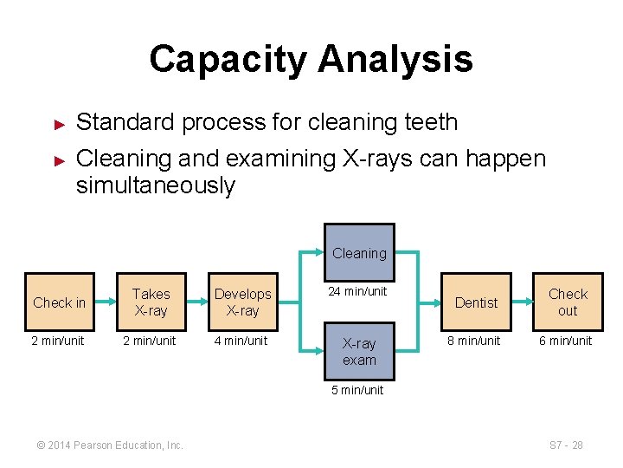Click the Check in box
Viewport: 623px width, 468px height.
tap(59, 302)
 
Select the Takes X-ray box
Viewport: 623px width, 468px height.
tap(151, 302)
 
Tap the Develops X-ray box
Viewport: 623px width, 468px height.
tap(242, 302)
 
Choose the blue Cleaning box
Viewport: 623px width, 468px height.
tap(359, 253)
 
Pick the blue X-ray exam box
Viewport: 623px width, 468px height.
tap(359, 352)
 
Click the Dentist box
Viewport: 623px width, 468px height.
tap(476, 302)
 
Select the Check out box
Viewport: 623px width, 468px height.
tap(568, 302)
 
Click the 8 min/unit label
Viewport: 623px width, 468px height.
tap(473, 341)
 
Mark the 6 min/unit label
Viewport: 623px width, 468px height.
tap(566, 341)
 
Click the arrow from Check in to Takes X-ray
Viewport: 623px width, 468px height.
tap(105, 302)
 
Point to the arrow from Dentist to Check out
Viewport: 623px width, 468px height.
tap(522, 302)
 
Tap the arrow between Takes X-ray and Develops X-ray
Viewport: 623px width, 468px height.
tap(196, 302)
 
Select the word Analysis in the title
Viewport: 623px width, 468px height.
tap(395, 59)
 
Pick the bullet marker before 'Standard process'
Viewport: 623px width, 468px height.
tap(60, 124)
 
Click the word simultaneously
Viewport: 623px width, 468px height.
tap(156, 185)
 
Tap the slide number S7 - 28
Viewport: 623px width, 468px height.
tap(566, 445)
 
